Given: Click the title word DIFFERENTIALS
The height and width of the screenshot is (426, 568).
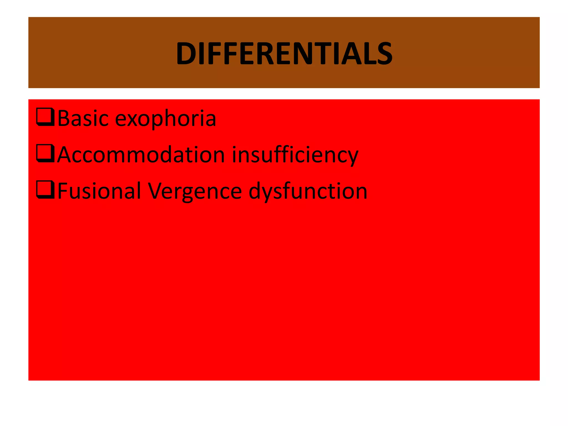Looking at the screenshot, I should pyautogui.click(x=284, y=53).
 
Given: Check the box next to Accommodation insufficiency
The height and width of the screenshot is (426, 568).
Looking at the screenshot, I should pyautogui.click(x=45, y=153).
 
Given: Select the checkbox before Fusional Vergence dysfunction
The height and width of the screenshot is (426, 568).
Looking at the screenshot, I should pyautogui.click(x=45, y=190).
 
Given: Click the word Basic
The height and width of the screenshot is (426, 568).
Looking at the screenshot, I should pyautogui.click(x=83, y=118).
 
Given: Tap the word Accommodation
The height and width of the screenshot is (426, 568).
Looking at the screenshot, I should pyautogui.click(x=141, y=155).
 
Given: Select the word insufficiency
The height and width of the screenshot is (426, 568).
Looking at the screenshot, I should pyautogui.click(x=295, y=155).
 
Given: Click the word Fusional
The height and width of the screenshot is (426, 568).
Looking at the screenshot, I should pyautogui.click(x=99, y=191).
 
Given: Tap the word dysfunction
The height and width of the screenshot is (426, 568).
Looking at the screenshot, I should pyautogui.click(x=308, y=191).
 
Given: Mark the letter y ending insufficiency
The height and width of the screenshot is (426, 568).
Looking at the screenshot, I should pyautogui.click(x=352, y=157).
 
